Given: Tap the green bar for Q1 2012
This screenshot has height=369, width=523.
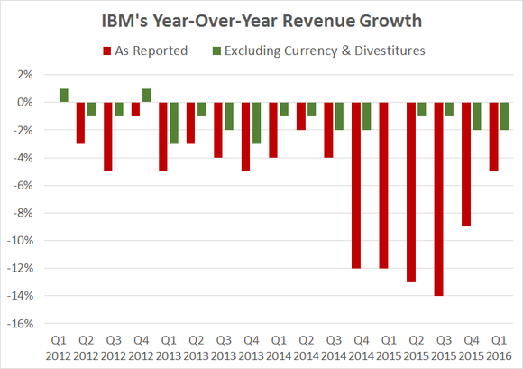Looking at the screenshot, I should [x=64, y=96].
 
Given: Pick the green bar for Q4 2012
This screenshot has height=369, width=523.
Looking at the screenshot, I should [x=146, y=96].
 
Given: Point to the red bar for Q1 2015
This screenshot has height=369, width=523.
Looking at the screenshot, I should [x=385, y=185].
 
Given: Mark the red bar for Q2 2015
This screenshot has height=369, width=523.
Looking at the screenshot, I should [x=412, y=192].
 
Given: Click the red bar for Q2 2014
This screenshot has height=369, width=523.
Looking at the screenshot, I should [x=302, y=115].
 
